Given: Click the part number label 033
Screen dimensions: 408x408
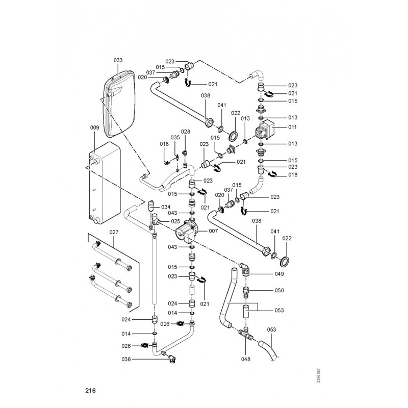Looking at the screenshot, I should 118,60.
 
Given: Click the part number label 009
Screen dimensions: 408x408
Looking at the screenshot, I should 94,127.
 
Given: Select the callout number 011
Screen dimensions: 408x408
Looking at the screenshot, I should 292,126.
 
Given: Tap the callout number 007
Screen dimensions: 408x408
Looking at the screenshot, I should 213,231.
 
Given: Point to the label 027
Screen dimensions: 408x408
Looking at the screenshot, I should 114,232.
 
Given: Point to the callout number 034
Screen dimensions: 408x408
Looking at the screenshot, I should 165,207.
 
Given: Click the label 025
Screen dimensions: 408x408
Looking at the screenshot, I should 175,221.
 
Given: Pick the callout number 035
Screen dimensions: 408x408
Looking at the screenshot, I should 175,138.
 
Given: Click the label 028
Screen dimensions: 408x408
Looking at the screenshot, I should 185,132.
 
